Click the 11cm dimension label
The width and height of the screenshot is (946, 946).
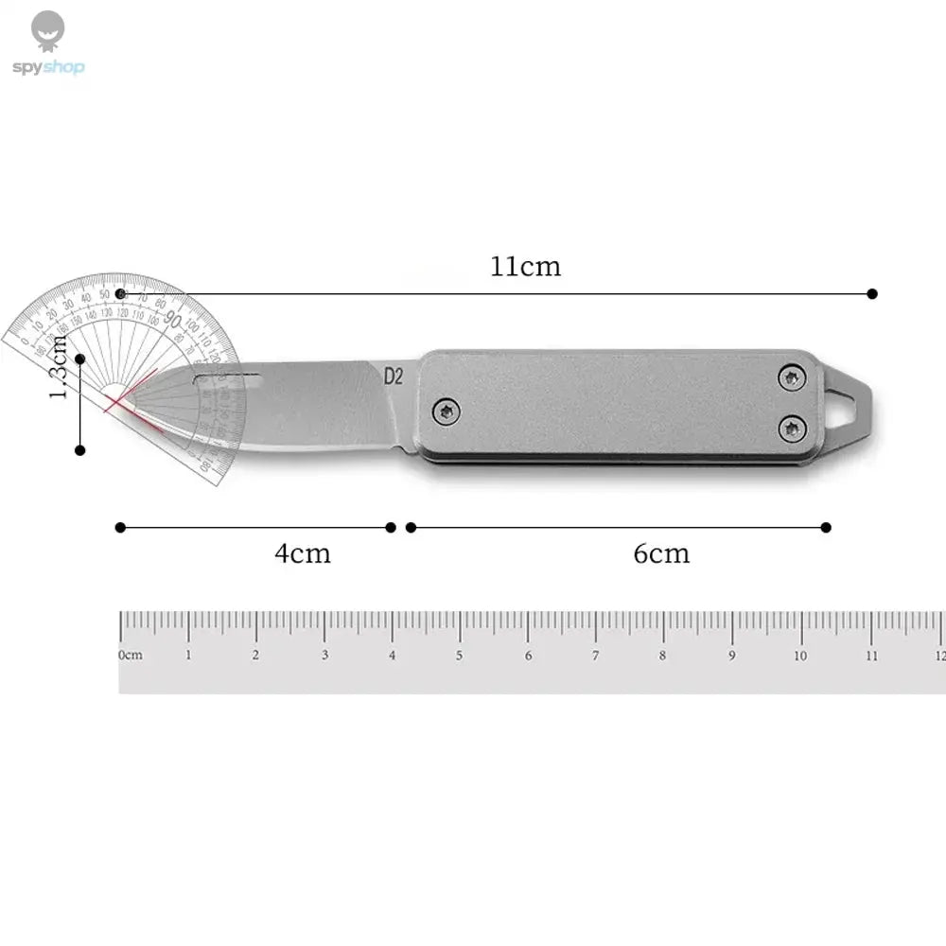pyautogui.click(x=525, y=267)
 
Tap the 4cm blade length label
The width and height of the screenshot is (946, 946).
pyautogui.click(x=303, y=553)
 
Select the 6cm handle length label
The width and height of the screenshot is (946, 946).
pyautogui.click(x=661, y=553)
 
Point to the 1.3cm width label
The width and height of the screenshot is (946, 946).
pyautogui.click(x=59, y=365)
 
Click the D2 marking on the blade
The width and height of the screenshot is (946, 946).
pyautogui.click(x=394, y=376)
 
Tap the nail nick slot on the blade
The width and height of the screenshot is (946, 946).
pyautogui.click(x=227, y=377)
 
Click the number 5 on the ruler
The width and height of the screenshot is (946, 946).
pyautogui.click(x=460, y=655)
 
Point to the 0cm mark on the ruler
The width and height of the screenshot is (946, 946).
pyautogui.click(x=129, y=655)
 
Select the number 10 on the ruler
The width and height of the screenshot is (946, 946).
pyautogui.click(x=800, y=655)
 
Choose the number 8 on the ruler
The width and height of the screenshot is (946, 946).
pyautogui.click(x=663, y=655)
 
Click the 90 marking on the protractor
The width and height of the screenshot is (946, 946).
pyautogui.click(x=173, y=318)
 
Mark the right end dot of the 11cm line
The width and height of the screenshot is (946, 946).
pyautogui.click(x=872, y=294)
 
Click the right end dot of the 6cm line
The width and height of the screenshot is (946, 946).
pyautogui.click(x=826, y=527)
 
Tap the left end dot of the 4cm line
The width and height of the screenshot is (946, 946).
pyautogui.click(x=119, y=527)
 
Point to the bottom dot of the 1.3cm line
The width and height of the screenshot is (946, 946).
pyautogui.click(x=81, y=450)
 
